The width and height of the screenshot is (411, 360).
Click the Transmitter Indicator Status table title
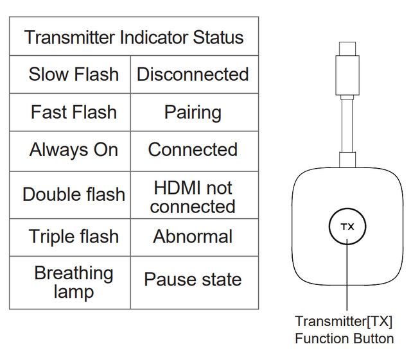(x=134, y=37)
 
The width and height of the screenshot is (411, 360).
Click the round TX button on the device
(x=347, y=227)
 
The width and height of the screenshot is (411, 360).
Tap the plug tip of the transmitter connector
(x=347, y=49)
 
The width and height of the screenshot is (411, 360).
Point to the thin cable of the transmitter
(x=347, y=126)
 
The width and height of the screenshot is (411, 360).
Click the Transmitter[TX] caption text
(x=344, y=321)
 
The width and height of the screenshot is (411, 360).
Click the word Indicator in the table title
(x=154, y=37)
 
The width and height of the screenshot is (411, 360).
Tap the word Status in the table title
(x=218, y=37)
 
